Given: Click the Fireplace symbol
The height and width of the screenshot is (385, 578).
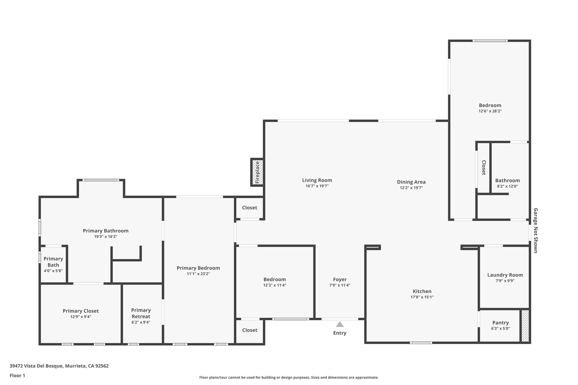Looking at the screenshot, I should coord(257,172).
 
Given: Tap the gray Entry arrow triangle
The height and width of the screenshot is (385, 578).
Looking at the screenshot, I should coord(340,324).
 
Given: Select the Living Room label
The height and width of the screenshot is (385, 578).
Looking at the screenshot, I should coord(317,180).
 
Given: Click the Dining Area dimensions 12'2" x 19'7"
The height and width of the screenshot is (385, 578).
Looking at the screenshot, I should coord(411,188).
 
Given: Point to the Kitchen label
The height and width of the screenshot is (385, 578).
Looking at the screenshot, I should coord(422,291).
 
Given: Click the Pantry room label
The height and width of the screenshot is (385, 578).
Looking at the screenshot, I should coord(500,323).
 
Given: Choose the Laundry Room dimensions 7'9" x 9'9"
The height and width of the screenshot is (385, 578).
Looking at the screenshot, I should coord(505,281).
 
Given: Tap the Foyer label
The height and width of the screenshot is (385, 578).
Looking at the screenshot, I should coord(340,280).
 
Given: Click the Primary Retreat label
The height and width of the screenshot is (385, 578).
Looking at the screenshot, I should coord(141,313).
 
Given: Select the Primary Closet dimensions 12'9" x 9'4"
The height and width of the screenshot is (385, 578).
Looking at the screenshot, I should coord(81,317).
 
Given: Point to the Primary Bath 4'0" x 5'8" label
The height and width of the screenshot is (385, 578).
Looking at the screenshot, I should coord(53,265).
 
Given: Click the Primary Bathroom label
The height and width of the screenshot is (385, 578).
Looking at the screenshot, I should coord(106,231).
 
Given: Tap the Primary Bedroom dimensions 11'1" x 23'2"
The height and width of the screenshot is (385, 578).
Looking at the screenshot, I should coord(198,274).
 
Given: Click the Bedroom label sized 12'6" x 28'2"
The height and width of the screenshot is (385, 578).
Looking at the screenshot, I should coord(490,105).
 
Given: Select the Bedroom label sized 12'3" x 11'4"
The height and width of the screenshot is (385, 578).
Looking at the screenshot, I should coord(275,280).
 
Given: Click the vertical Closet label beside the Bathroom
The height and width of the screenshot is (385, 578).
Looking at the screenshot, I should coord(483,168).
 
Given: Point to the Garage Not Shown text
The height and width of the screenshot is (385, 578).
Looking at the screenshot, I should coord(535,230).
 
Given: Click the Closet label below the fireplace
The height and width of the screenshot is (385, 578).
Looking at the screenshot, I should coord(249,208).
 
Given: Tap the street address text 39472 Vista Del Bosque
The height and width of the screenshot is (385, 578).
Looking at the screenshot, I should coord(59,366).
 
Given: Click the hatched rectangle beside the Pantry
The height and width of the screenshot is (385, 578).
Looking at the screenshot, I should coord(525,326).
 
